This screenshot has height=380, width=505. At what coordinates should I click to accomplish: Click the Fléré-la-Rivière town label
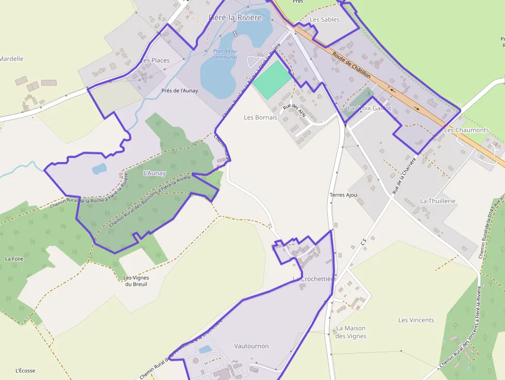pyautogui.click(x=235, y=18)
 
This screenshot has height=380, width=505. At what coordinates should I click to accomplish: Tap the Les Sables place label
pyautogui.click(x=325, y=20)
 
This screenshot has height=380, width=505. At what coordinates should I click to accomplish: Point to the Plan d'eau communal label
pyautogui.click(x=225, y=54)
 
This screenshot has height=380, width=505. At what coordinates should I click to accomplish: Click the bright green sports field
pyautogui.click(x=272, y=80)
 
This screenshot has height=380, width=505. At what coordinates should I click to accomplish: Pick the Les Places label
pyautogui.click(x=155, y=60)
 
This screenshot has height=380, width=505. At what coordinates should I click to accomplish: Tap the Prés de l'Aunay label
pyautogui.click(x=179, y=91)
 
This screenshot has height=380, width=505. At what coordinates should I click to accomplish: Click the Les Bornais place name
pyautogui.click(x=260, y=118)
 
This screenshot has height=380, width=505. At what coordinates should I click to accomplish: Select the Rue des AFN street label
pyautogui.click(x=295, y=110)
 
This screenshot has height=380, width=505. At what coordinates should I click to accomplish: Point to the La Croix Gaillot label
pyautogui.click(x=369, y=108)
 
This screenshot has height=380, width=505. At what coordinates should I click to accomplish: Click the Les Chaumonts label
pyautogui.click(x=466, y=130)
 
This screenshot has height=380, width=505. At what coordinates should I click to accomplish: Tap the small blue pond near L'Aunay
pyautogui.click(x=99, y=168)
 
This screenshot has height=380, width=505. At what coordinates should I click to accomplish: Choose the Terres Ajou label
pyautogui.click(x=343, y=195)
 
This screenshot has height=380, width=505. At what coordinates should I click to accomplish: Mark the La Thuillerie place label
pyautogui.click(x=437, y=201)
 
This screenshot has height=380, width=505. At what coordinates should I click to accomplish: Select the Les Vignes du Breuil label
pyautogui.click(x=136, y=281)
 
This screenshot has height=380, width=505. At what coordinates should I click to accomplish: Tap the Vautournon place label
pyautogui.click(x=251, y=346)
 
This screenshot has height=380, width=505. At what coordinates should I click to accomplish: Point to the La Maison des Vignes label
pyautogui.click(x=351, y=332)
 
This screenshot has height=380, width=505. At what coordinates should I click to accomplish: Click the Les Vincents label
pyautogui.click(x=416, y=320)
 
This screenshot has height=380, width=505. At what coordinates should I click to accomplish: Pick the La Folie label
pyautogui.click(x=14, y=258)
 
